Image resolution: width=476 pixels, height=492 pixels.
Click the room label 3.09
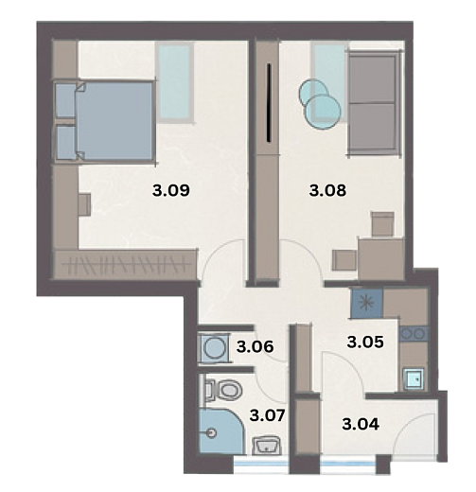[x=171, y=190]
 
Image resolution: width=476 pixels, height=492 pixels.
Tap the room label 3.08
[x=327, y=190]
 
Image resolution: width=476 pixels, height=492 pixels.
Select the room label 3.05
[x=365, y=342]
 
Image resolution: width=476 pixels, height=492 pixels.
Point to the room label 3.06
[x=255, y=347]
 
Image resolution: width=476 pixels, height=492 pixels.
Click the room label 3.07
[x=268, y=415]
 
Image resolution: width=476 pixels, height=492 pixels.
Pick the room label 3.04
[x=361, y=424]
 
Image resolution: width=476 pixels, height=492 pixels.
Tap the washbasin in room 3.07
[x=267, y=446]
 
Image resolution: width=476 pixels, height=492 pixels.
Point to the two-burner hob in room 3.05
[x=414, y=334]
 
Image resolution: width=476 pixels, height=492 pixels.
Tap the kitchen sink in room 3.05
[x=414, y=379]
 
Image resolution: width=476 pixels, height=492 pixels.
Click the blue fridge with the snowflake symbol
[x=366, y=303]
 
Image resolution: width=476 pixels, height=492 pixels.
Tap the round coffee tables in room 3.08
[x=320, y=103]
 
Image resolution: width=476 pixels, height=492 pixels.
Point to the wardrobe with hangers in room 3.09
[x=126, y=264]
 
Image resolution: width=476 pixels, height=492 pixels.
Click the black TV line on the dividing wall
[x=269, y=103]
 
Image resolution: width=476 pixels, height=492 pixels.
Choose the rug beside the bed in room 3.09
[x=175, y=82]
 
